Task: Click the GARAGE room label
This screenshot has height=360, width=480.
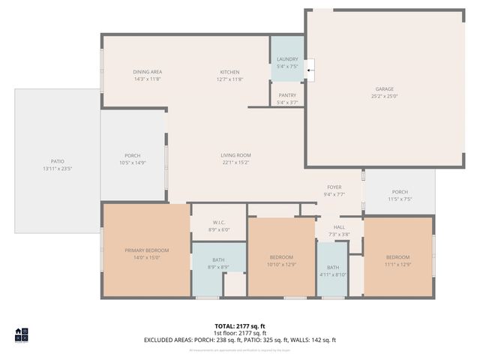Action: click(385, 88)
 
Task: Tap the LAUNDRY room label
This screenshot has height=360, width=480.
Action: click(287, 58)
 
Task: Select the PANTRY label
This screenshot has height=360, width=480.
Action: click(287, 95)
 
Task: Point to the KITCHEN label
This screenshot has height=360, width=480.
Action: click(229, 71)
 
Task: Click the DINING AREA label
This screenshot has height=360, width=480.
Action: click(148, 71)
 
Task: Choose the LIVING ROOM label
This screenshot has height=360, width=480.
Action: click(235, 155)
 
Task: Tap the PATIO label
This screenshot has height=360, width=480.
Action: click(57, 161)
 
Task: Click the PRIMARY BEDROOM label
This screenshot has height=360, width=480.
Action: click(147, 250)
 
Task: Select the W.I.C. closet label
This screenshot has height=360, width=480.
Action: click(219, 222)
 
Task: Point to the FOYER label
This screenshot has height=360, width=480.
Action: click(334, 187)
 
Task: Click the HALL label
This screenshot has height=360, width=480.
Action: click(339, 227)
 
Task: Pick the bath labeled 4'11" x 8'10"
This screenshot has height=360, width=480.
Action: click(332, 268)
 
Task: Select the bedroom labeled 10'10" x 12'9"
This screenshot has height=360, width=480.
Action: click(282, 257)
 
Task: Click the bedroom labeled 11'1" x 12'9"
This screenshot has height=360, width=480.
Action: click(397, 257)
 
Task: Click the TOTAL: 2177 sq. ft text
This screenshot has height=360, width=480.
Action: click(240, 326)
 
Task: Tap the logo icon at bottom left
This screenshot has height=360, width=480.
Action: click(21, 334)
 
